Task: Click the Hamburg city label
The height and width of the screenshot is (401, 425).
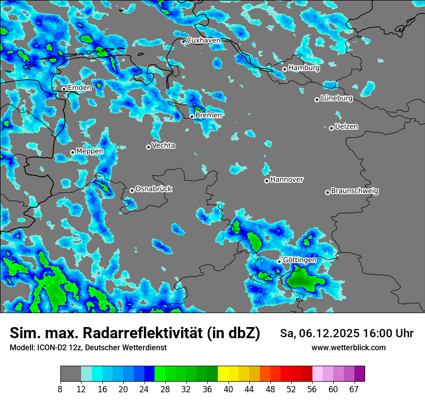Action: coord(304,68)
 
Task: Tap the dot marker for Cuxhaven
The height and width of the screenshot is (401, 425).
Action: coord(183,42)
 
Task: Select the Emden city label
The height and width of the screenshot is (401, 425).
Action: coord(79,88)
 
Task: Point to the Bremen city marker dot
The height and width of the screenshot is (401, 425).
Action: coord(192,116)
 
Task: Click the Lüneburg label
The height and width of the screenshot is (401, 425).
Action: coord(337,98)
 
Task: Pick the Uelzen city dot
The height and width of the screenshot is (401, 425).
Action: coord(331,128)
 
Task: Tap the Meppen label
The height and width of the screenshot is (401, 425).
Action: coord(89,151)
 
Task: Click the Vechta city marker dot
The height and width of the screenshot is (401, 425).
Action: coord(148,147)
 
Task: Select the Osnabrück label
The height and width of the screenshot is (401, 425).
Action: coord(154,189)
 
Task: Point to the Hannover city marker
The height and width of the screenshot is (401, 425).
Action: coord(267,181)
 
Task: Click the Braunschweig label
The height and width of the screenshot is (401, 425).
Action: coord(354,191)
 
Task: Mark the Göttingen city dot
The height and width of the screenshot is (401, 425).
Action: coord(279,261)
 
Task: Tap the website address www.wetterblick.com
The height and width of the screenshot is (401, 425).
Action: coord(348,348)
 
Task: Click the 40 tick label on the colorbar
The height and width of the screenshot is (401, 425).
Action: coord(228,389)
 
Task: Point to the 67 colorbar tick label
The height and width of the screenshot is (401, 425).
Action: coord(354,389)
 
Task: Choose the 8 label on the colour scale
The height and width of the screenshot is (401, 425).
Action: coord(60,389)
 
